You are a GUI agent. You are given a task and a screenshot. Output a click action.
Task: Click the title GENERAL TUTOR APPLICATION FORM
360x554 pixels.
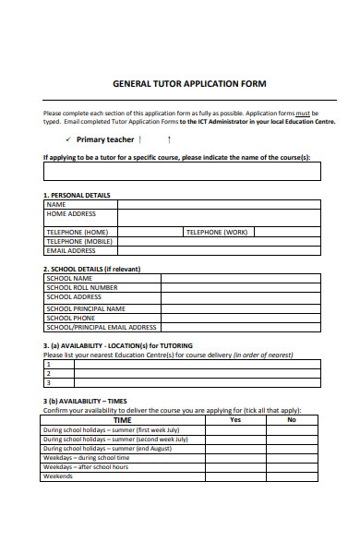[x=188, y=83]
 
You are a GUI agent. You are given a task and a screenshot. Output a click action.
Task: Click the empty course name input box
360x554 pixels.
[x=182, y=171]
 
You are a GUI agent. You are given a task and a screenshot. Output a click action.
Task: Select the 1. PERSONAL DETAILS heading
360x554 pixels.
[x=77, y=196]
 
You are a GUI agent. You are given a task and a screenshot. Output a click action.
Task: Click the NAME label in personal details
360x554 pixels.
[x=56, y=204]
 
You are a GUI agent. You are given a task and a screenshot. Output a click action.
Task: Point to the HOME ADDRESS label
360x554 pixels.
[x=71, y=213]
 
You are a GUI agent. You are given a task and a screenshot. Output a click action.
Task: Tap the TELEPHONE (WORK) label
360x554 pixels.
[x=217, y=232]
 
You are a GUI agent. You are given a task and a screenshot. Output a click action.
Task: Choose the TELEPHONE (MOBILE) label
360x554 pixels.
[x=78, y=241]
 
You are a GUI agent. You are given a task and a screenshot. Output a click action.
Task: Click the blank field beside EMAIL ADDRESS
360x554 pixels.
[x=219, y=250]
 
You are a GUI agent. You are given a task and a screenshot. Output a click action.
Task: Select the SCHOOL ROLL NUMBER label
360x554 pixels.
[x=82, y=287]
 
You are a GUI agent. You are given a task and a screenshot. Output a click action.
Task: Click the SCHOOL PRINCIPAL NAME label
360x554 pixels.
[x=86, y=308]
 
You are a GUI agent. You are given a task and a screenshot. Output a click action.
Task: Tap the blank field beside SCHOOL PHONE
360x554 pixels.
[x=242, y=318]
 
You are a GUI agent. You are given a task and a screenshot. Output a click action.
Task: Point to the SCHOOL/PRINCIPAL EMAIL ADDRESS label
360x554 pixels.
[x=102, y=327]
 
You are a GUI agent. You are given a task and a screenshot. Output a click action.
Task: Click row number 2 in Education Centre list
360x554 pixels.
[x=48, y=373]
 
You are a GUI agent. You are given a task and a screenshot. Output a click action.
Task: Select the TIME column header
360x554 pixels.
[x=122, y=419]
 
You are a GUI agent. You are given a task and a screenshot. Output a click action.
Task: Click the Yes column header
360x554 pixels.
[x=234, y=419]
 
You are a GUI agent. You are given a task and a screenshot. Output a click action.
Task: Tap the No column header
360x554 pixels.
[x=292, y=419]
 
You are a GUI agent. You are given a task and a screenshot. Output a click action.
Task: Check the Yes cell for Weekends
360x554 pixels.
[x=234, y=476]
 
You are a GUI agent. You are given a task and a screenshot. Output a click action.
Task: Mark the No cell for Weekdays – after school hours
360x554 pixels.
[x=292, y=467]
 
